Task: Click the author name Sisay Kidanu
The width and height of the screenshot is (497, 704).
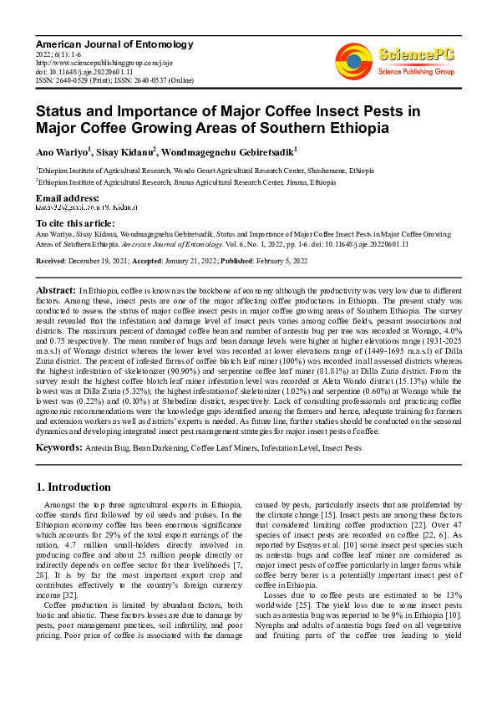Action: pos(126,152)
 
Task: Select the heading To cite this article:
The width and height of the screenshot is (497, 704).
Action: pos(75,223)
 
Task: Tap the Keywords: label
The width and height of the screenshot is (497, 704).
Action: pos(58,448)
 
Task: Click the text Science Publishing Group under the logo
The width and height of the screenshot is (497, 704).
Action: pos(415,72)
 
